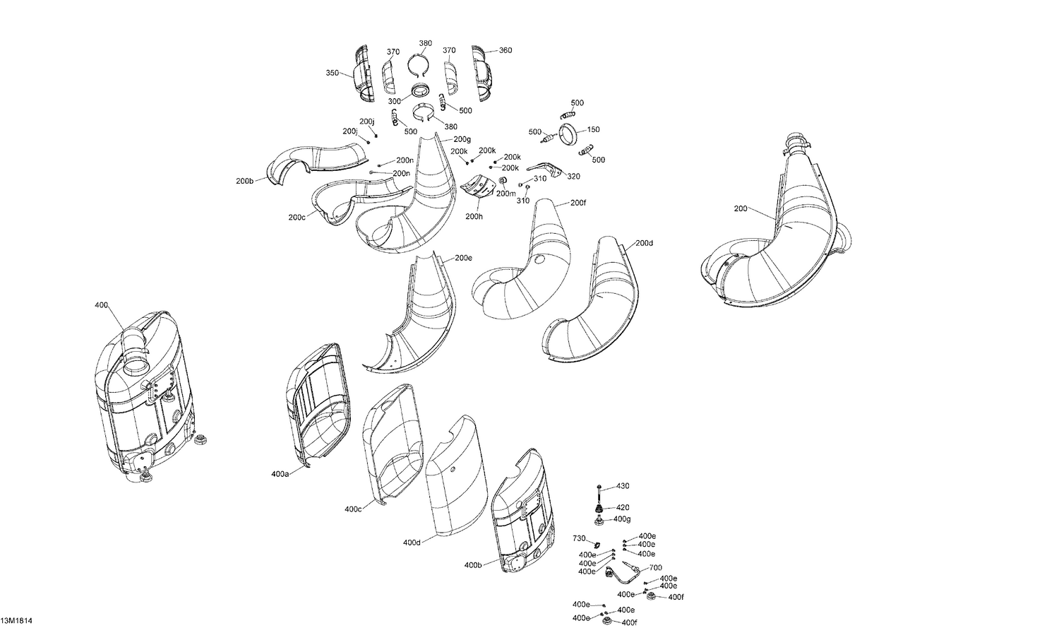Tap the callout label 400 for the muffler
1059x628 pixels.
point(101,305)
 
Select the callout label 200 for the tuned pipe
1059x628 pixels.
point(741,208)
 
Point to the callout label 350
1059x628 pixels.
point(333,73)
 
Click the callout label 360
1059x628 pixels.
point(505,50)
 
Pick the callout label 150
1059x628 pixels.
point(593,129)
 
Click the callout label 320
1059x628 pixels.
point(573,177)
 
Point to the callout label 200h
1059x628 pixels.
point(474,216)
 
